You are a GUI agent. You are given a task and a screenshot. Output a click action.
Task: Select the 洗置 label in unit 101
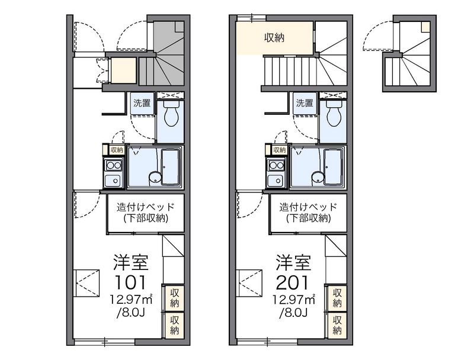pyautogui.click(x=142, y=103)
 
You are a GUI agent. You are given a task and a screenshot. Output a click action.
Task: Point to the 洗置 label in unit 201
pyautogui.click(x=305, y=103)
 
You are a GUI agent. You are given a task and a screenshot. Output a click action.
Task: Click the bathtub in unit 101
pyautogui.click(x=171, y=166)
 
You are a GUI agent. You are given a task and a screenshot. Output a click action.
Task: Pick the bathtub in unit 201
pyautogui.click(x=334, y=166)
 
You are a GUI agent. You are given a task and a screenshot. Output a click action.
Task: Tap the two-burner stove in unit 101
pyautogui.click(x=113, y=166)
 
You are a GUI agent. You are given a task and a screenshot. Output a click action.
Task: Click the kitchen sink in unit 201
pyautogui.click(x=276, y=181)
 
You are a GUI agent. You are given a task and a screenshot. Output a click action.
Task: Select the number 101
pyautogui.click(x=130, y=282)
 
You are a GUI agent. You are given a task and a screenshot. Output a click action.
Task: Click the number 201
pyautogui.click(x=292, y=282)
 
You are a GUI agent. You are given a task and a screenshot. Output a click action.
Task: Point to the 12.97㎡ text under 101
pyautogui.click(x=131, y=300)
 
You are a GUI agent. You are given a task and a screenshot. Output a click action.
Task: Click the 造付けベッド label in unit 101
pyautogui.click(x=146, y=207)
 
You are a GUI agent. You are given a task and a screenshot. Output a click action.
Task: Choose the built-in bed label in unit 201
pyautogui.click(x=308, y=207)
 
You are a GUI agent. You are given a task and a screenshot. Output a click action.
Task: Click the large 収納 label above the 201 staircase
pyautogui.click(x=274, y=38)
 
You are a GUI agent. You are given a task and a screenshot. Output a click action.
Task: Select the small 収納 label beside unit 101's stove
pyautogui.click(x=117, y=150)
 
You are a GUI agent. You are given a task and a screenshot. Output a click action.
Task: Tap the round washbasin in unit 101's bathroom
pyautogui.click(x=155, y=177)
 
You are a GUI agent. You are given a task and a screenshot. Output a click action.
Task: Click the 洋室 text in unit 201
pyautogui.click(x=293, y=262)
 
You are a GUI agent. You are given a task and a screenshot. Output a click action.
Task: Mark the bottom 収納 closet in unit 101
pyautogui.click(x=174, y=325)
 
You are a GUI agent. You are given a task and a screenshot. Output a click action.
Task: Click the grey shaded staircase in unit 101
pyautogui.click(x=165, y=53)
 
